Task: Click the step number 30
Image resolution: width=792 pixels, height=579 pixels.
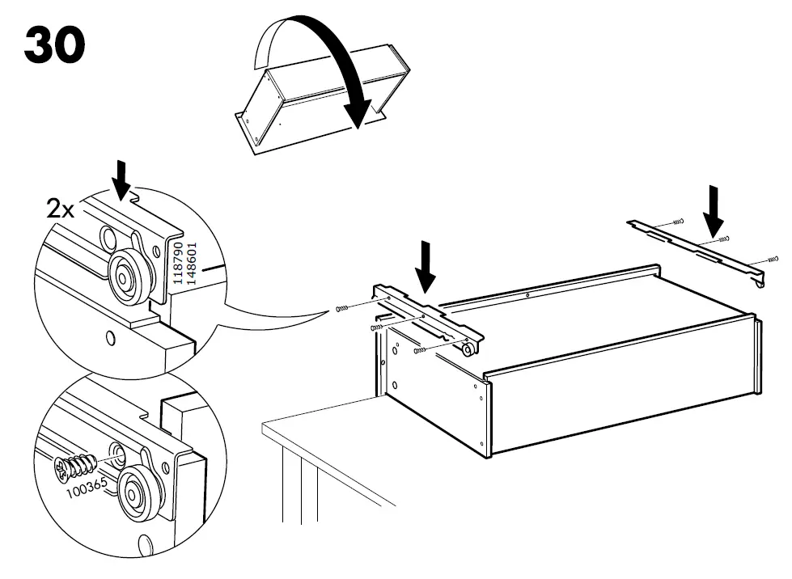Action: tap(55, 45)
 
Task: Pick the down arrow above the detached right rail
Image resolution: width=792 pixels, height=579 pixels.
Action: tap(714, 208)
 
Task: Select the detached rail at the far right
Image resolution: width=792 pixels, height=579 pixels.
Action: tap(696, 251)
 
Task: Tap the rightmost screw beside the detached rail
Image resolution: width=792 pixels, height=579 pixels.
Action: tap(772, 260)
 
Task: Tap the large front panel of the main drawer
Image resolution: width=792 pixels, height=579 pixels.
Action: tap(623, 394)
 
